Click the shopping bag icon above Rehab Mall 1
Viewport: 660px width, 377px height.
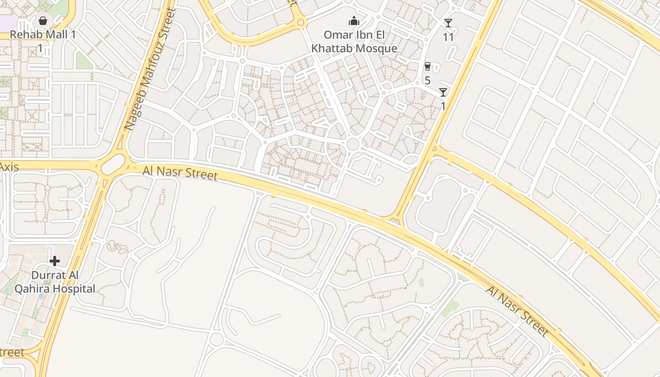click(43, 21)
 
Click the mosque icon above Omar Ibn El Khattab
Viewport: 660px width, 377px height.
click(354, 21)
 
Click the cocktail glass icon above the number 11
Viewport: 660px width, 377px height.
click(448, 23)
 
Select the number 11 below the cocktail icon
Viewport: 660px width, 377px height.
click(448, 37)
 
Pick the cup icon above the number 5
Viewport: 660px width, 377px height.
click(428, 66)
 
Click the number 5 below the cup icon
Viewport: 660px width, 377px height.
click(428, 81)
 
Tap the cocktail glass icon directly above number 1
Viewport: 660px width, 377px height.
click(443, 92)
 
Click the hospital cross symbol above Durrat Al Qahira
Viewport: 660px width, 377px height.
click(55, 261)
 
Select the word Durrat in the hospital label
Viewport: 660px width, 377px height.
click(49, 275)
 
